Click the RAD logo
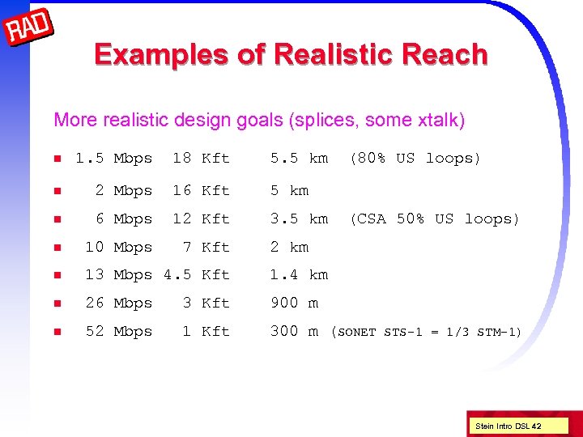pyautogui.click(x=29, y=29)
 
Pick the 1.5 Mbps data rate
pyautogui.click(x=113, y=159)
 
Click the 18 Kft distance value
pyautogui.click(x=201, y=159)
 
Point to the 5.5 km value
pyautogui.click(x=299, y=159)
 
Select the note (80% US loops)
pyautogui.click(x=415, y=159)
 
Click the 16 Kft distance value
pyautogui.click(x=201, y=191)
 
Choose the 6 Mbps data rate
pyautogui.click(x=123, y=219)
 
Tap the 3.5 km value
pyautogui.click(x=299, y=219)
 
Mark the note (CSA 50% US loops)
pyautogui.click(x=434, y=219)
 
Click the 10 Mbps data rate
pyautogui.click(x=118, y=248)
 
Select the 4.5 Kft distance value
pyautogui.click(x=197, y=275)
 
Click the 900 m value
pyautogui.click(x=294, y=303)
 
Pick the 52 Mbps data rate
pyautogui.click(x=118, y=332)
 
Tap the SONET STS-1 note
pyautogui.click(x=427, y=332)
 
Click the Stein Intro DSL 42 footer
pyautogui.click(x=509, y=425)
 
